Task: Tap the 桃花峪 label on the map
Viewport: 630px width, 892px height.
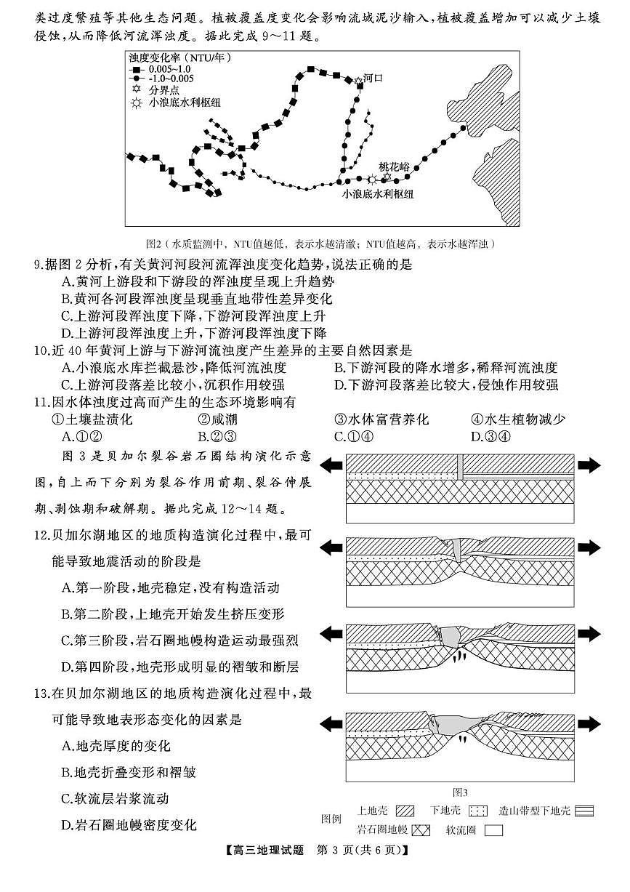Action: pyautogui.click(x=394, y=166)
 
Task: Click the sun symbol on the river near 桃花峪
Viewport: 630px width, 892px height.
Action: pyautogui.click(x=372, y=179)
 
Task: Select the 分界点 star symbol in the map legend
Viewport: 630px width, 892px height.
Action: pyautogui.click(x=135, y=90)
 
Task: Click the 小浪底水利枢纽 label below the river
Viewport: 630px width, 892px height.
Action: pyautogui.click(x=378, y=194)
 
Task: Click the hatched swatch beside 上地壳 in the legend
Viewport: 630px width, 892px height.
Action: pyautogui.click(x=405, y=811)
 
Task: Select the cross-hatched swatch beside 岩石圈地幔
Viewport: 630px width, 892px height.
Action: pyautogui.click(x=421, y=829)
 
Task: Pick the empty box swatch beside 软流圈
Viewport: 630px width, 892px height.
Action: pyautogui.click(x=494, y=829)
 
